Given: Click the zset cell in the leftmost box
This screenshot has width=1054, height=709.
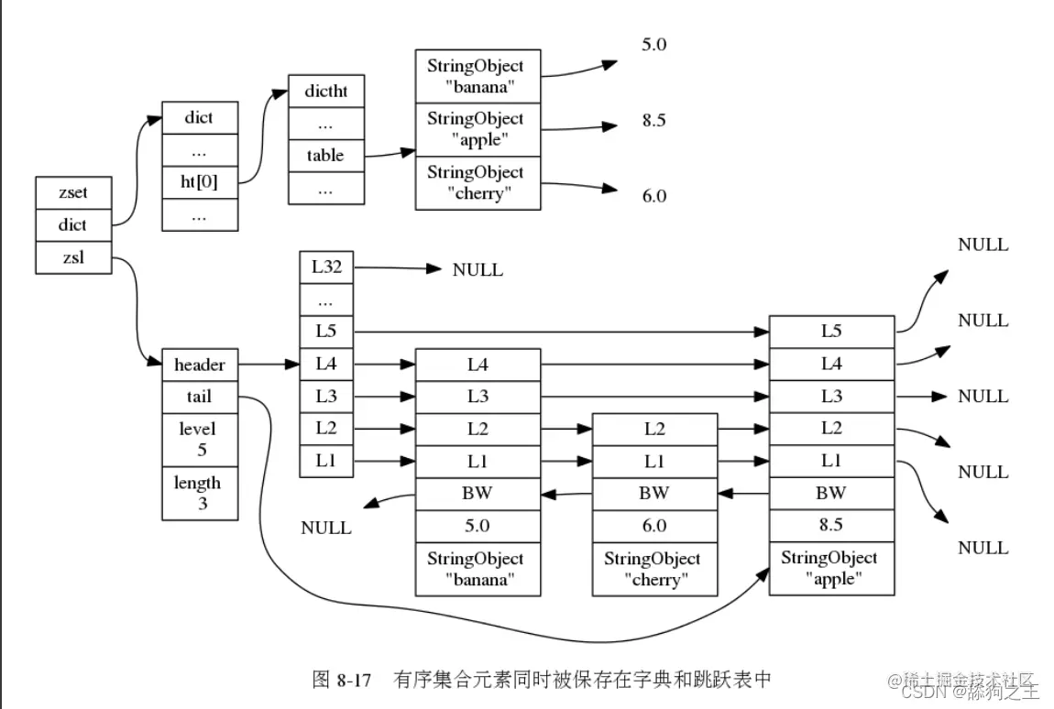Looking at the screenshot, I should point(72,193).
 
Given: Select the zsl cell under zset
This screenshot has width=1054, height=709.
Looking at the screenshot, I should point(72,257).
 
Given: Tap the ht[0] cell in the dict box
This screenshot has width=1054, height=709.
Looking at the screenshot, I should point(199,181).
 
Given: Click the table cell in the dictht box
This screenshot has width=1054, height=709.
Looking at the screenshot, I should point(325,156).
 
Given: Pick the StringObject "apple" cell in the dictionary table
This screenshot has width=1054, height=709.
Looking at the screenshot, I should point(477,130).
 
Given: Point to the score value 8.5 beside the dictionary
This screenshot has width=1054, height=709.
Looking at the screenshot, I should point(653,120).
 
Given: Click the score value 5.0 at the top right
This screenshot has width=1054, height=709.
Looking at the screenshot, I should point(653,44).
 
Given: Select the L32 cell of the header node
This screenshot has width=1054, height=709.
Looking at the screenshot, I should point(326,267).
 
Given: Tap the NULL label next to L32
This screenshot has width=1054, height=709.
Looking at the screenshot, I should point(478,270).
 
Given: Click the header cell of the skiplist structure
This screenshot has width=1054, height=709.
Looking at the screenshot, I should point(199,365).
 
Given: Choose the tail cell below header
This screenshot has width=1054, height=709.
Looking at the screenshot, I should point(199,396).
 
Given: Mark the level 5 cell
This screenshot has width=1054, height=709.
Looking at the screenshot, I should point(199,440).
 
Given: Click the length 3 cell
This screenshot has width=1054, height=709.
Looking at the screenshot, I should point(199,494).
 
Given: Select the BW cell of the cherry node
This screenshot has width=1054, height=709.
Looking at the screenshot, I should point(654,493).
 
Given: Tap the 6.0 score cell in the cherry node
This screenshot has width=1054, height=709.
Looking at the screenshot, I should point(654,526).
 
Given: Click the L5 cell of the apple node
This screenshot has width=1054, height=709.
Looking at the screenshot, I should point(831,331).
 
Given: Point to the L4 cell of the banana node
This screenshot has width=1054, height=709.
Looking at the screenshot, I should point(478,365).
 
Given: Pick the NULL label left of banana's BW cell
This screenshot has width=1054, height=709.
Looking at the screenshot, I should point(326,529).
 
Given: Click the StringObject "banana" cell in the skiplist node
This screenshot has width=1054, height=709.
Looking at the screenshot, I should point(478,569).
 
